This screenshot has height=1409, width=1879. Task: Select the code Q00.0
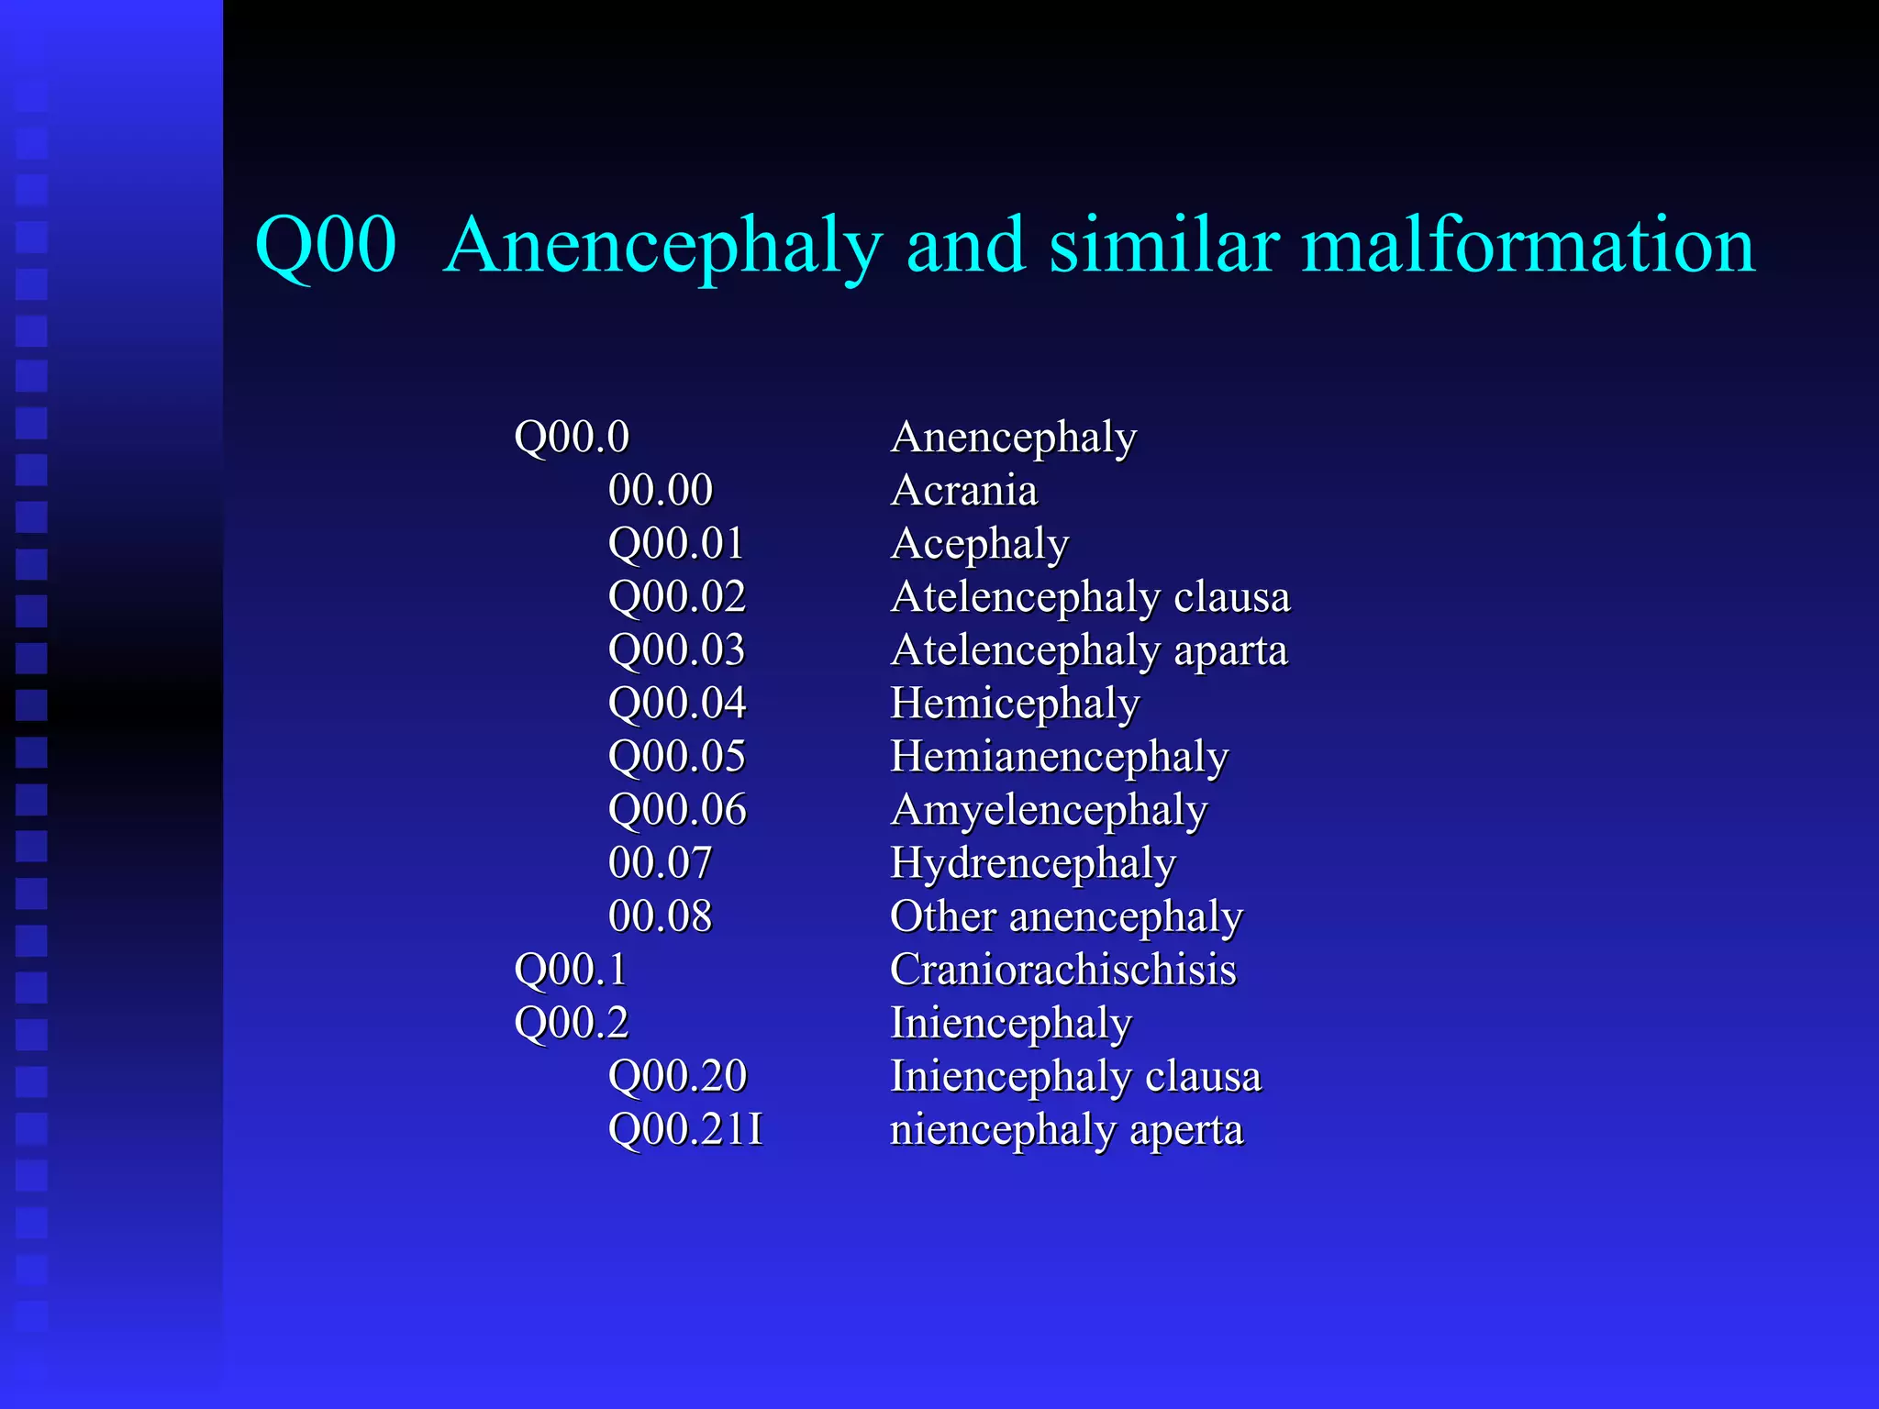pos(572,437)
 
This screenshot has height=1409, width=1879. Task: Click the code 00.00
pos(660,490)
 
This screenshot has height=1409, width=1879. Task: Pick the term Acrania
pos(963,490)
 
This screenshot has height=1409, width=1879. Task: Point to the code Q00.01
pos(676,543)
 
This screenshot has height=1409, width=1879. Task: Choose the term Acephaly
pos(980,545)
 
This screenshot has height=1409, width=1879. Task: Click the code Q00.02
pos(677,596)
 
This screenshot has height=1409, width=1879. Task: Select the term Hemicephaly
pos(1015,704)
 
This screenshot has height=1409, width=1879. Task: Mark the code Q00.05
pos(677,757)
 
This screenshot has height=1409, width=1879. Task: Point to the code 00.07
pos(660,863)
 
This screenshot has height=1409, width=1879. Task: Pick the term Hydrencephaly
pos(1033,864)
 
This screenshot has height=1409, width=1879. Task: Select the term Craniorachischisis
pos(1062,970)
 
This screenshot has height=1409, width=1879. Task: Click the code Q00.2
pos(572,1023)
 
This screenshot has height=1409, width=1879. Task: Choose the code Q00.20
pos(677,1076)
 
